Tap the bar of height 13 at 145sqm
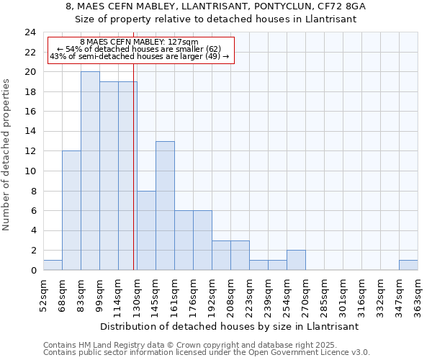[165, 206]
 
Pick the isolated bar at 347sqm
[408, 265]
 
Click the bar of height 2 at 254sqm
[296, 260]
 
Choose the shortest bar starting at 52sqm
[53, 265]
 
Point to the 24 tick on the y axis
[30, 32]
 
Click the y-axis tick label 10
[30, 171]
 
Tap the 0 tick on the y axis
[33, 271]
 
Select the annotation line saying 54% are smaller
[139, 49]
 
